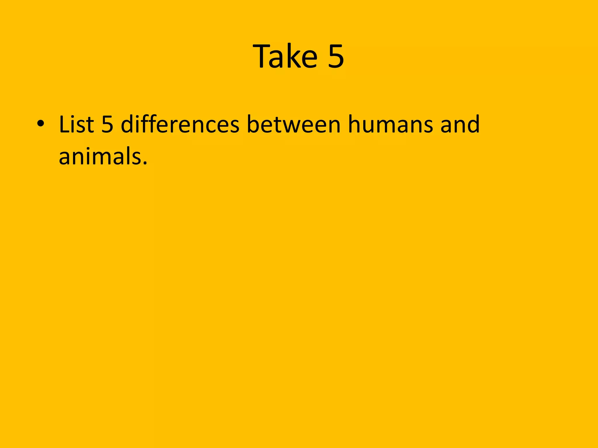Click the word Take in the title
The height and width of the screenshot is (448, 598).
pos(286,56)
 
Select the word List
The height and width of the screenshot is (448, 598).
pos(76,124)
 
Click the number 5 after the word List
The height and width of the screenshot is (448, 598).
pos(107,124)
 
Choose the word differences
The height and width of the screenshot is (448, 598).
pos(180,124)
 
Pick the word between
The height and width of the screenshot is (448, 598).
pos(293,124)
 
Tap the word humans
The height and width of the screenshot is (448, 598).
pos(390,124)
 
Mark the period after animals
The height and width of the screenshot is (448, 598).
pos(145,163)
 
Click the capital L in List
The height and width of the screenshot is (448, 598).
pos(65,124)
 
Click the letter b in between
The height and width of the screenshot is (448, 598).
pos(253,124)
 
